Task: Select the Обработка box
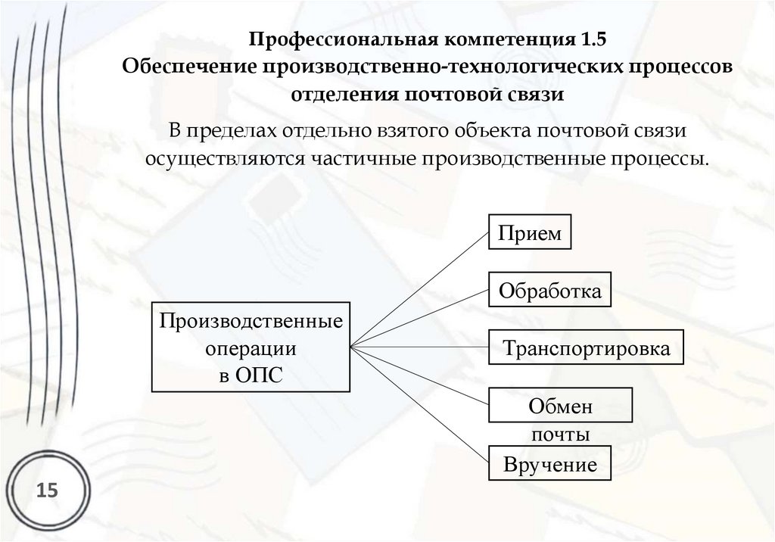550,291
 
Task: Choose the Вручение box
550,465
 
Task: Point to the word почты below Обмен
560,435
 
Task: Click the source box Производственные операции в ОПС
251,347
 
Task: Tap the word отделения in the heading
346,94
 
